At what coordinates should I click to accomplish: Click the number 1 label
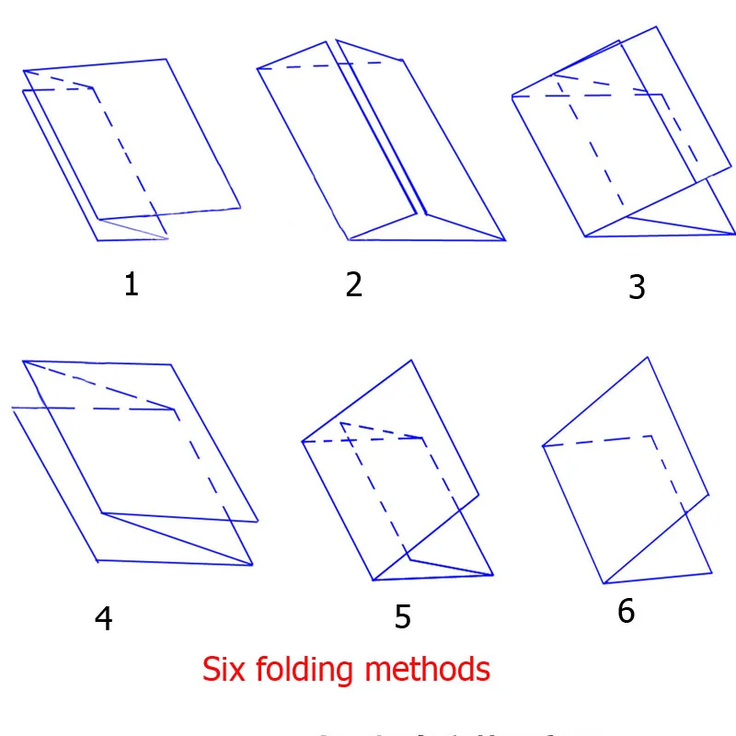click(132, 284)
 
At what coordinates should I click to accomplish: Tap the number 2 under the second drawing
click(354, 284)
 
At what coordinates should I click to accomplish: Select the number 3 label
click(637, 287)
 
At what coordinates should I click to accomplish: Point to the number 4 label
click(103, 618)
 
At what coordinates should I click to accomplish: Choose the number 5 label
click(403, 617)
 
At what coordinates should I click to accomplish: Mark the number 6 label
click(627, 612)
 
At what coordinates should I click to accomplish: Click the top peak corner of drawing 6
click(650, 357)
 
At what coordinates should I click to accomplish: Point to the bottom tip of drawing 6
click(604, 583)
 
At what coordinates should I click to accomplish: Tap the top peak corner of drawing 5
click(410, 361)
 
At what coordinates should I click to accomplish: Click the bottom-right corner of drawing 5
click(494, 574)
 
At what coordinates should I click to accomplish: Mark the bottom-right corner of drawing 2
click(505, 240)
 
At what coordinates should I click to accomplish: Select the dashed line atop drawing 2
click(331, 65)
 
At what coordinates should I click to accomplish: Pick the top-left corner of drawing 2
click(258, 69)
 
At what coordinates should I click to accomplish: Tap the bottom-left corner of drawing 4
click(97, 560)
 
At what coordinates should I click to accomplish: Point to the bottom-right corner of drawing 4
click(252, 564)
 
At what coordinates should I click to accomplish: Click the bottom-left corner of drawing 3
click(585, 236)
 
